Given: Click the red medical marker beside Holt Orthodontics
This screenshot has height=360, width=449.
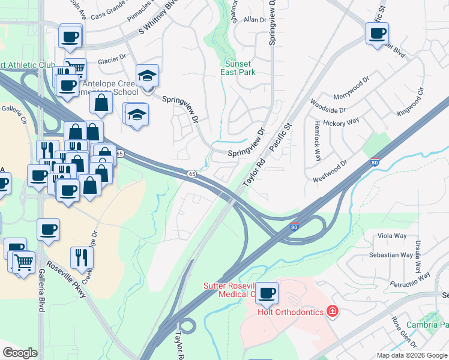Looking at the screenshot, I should [x=332, y=311].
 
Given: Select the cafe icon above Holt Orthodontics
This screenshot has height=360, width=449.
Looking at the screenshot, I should [x=267, y=293].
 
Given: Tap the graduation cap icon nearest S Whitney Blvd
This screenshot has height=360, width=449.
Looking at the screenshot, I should [x=147, y=76].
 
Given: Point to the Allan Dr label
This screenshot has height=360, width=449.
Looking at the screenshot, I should [x=255, y=20].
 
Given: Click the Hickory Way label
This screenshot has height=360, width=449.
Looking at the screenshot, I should [x=342, y=122].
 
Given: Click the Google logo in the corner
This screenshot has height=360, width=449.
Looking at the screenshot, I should [x=20, y=353].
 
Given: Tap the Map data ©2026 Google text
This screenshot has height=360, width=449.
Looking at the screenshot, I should [x=411, y=355].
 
